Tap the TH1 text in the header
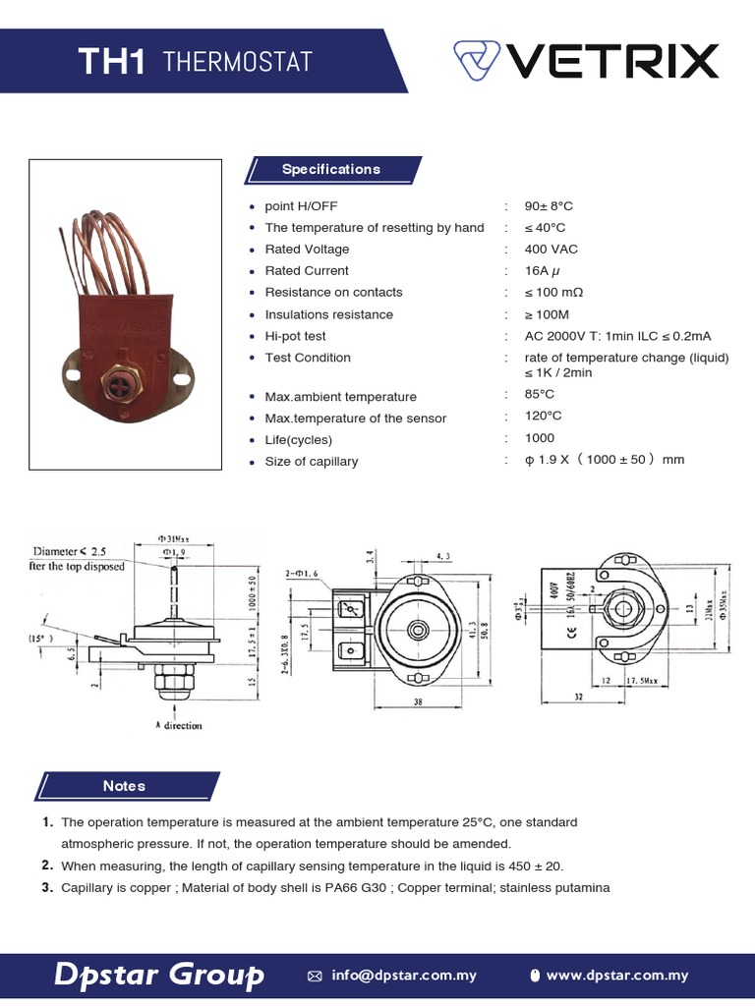tap(112, 63)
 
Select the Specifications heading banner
tap(330, 169)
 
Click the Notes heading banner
tap(124, 786)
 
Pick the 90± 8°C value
tap(549, 206)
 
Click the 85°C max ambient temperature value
tap(540, 395)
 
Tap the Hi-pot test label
tap(295, 336)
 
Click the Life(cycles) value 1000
tap(540, 438)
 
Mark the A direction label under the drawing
tap(178, 726)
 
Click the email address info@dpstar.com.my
tap(403, 976)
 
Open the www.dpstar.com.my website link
tap(616, 976)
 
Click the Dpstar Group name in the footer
tap(159, 975)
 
